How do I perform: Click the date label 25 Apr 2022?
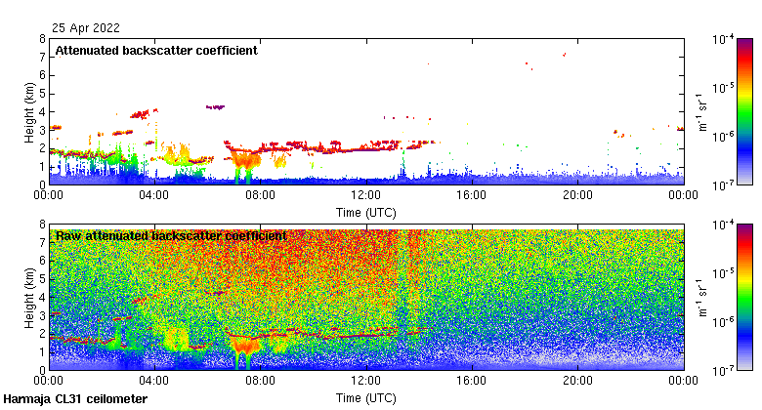(x=82, y=29)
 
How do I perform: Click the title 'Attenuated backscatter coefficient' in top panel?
(x=156, y=51)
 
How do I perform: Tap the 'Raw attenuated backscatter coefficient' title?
(x=171, y=236)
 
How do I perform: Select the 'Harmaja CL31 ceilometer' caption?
(x=75, y=399)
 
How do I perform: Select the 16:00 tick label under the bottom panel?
(x=472, y=382)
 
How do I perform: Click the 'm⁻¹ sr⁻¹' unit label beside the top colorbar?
(x=701, y=111)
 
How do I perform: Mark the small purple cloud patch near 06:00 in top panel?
(x=215, y=106)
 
